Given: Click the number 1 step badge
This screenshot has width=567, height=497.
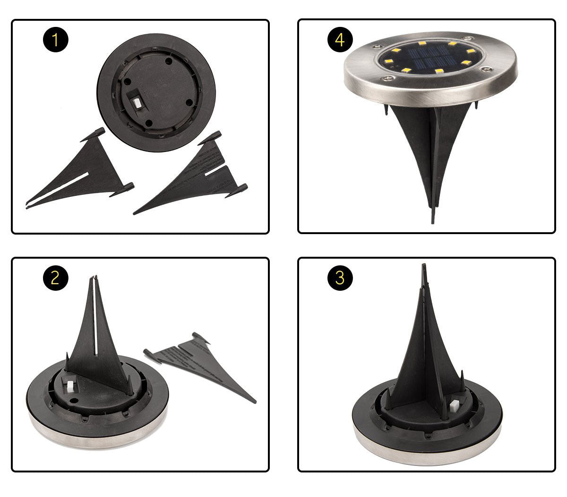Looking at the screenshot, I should tap(56, 40).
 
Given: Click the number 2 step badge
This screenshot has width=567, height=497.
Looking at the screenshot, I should tap(56, 278).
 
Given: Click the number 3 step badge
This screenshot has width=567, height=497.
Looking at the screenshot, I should tap(340, 278).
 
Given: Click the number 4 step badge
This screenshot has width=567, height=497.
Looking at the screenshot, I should tap(340, 40).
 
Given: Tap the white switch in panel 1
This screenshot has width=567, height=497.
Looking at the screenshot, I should tap(137, 102).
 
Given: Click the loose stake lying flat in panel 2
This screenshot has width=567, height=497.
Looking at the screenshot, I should tap(203, 363).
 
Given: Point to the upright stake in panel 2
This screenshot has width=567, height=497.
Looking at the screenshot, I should tap(97, 340).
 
